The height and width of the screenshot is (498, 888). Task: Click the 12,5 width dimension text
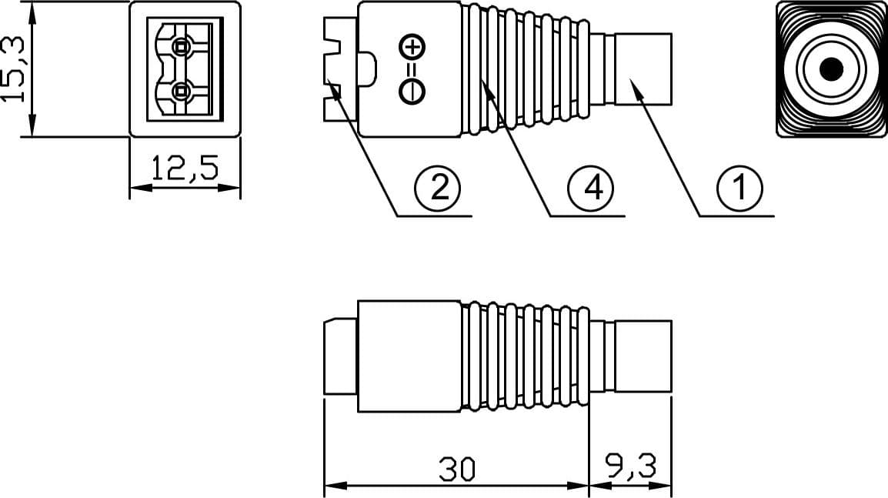point(185,169)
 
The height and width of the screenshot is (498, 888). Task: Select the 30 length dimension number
point(458,470)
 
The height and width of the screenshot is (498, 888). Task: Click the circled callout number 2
point(437,187)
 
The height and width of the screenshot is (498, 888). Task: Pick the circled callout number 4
point(591,187)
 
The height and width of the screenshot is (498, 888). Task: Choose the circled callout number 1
point(739,187)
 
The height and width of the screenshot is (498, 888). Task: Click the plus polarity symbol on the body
point(412,47)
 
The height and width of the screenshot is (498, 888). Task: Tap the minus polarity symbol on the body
point(412,91)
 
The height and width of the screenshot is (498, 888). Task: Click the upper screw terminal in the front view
point(181,47)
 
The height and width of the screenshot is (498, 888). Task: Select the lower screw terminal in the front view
point(181,91)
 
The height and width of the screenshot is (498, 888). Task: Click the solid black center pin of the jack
point(831,69)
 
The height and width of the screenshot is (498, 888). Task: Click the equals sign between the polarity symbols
point(412,69)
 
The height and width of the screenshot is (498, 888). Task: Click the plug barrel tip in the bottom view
point(643,356)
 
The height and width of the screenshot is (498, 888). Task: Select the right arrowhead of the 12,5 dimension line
point(229,188)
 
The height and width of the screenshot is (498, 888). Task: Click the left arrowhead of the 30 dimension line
point(336,486)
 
